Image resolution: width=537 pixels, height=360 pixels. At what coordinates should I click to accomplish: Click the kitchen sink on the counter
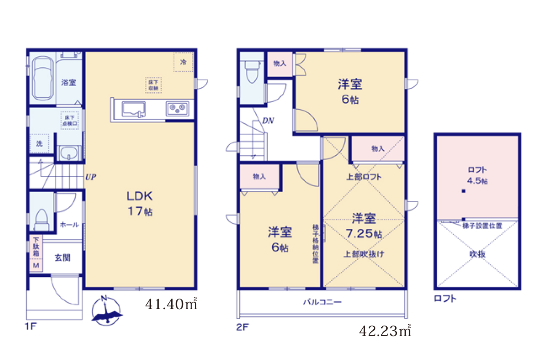133,109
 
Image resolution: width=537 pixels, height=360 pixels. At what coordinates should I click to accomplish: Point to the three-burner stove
177,109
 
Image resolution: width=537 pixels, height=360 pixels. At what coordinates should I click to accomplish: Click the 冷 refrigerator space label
183,62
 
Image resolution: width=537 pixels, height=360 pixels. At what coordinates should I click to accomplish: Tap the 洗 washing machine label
39,143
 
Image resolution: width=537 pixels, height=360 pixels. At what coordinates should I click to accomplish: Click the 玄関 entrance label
62,257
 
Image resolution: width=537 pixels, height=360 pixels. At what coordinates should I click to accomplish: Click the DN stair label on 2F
268,121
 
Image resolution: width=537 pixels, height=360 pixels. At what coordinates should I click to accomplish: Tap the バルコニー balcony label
322,302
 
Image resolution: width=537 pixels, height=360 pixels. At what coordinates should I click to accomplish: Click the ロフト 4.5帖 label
477,175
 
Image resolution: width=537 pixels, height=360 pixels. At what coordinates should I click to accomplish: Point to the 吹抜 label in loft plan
477,254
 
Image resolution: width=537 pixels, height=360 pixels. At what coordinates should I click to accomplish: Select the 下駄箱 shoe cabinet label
36,248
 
